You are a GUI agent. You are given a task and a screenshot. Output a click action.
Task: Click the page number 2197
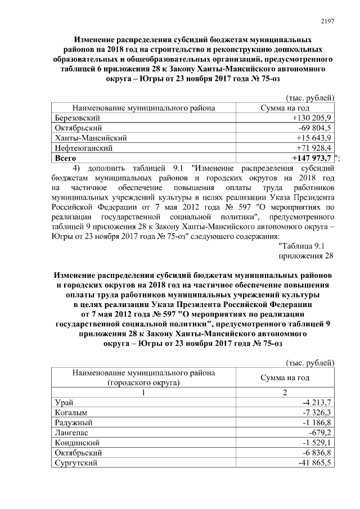tap(327, 21)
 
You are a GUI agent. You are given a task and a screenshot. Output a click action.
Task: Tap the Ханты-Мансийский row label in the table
tap(91, 138)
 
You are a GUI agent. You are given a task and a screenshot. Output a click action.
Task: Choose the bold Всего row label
tap(65, 158)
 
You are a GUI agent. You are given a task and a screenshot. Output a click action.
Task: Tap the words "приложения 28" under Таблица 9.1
tap(307, 256)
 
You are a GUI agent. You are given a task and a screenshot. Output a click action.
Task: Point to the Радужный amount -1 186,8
tap(318, 423)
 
